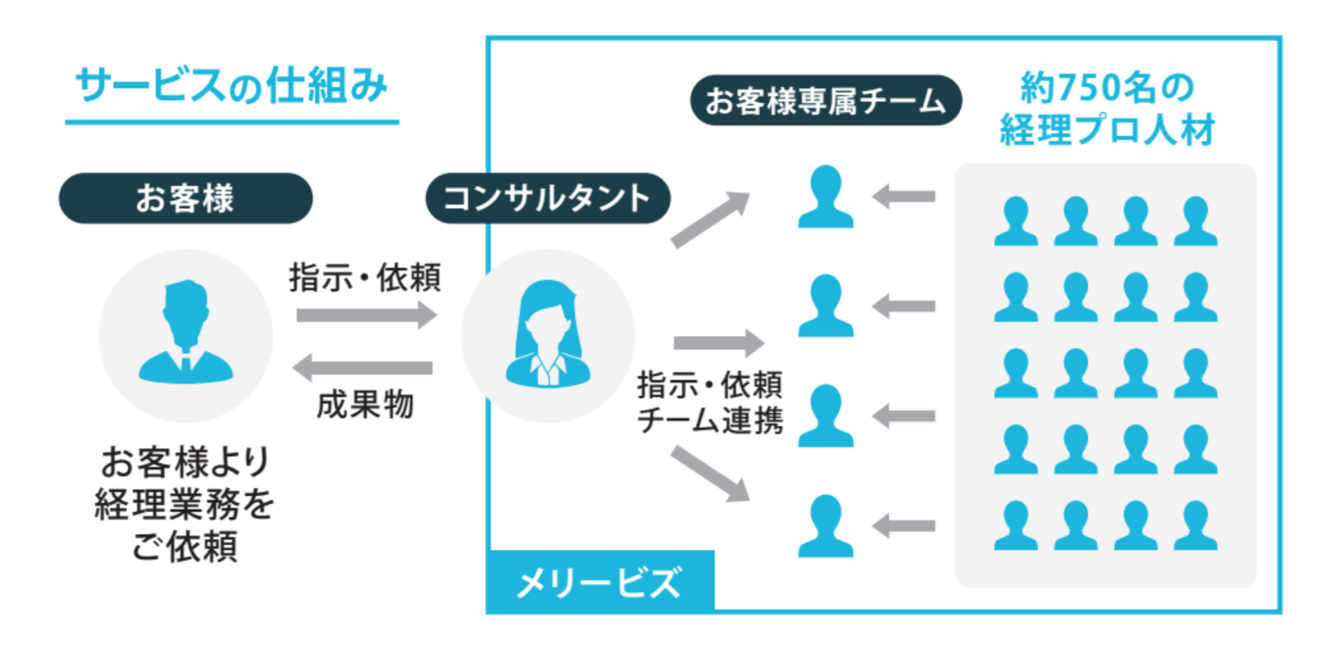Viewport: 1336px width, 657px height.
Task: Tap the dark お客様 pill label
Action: (x=185, y=199)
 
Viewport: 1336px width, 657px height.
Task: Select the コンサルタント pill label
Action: (x=547, y=199)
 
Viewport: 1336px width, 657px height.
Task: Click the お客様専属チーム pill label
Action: (x=826, y=101)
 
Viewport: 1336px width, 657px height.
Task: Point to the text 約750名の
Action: (x=1107, y=88)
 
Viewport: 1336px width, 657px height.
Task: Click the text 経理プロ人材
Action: (x=1107, y=129)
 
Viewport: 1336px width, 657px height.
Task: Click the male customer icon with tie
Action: (x=186, y=333)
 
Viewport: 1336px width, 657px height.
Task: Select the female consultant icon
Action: (x=547, y=334)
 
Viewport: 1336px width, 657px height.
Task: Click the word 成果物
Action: (x=365, y=404)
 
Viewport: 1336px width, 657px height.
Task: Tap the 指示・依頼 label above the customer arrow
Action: (x=365, y=277)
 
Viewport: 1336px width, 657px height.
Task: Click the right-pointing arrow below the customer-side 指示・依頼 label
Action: (x=366, y=315)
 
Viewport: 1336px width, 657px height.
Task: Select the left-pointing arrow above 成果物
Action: (x=363, y=367)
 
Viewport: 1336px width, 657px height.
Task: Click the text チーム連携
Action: (x=710, y=420)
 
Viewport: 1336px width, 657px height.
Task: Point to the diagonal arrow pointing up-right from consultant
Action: (x=711, y=219)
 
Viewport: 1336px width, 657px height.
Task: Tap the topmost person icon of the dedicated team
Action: (x=826, y=197)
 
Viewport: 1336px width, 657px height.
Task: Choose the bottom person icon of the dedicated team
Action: (x=826, y=526)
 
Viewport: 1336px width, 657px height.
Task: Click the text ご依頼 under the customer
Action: (x=185, y=546)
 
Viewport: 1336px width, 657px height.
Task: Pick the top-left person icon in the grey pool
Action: (x=1016, y=222)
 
